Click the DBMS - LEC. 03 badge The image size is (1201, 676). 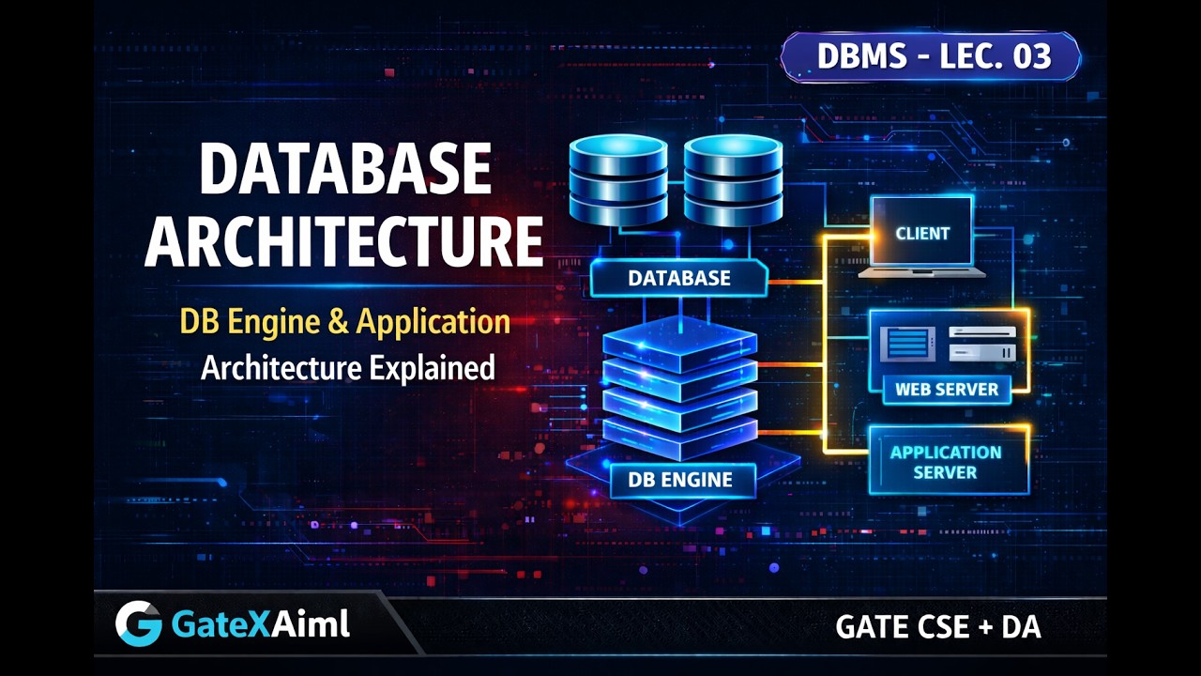click(x=931, y=56)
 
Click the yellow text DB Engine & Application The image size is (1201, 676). click(x=345, y=322)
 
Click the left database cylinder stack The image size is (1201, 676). click(x=618, y=180)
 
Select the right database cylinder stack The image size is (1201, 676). click(x=733, y=180)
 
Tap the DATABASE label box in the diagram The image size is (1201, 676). click(x=679, y=278)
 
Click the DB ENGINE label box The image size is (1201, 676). click(x=680, y=480)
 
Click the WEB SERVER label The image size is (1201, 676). click(x=947, y=389)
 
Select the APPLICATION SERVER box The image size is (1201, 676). click(x=947, y=461)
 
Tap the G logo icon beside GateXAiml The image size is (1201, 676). click(x=138, y=623)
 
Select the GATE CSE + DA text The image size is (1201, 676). click(x=938, y=627)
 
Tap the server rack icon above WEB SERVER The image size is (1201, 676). click(x=982, y=344)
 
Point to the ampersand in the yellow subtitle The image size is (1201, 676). click(x=338, y=322)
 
